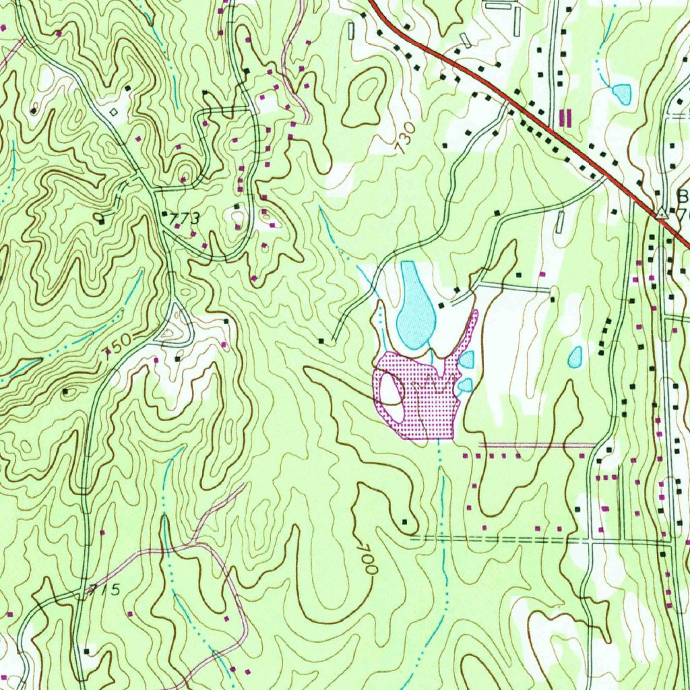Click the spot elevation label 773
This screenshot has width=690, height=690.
pyautogui.click(x=185, y=219)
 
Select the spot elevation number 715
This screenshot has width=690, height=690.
pyautogui.click(x=104, y=591)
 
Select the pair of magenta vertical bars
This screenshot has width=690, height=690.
pyautogui.click(x=565, y=119)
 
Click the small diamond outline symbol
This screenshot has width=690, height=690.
pyautogui.click(x=113, y=112)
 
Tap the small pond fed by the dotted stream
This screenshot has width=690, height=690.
pyautogui.click(x=621, y=94)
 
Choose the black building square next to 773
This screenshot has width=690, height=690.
pyautogui.click(x=165, y=214)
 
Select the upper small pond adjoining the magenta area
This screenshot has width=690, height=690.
pyautogui.click(x=466, y=360)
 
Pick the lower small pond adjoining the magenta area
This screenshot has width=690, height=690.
pyautogui.click(x=464, y=385)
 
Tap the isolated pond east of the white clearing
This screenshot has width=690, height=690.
pyautogui.click(x=575, y=357)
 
